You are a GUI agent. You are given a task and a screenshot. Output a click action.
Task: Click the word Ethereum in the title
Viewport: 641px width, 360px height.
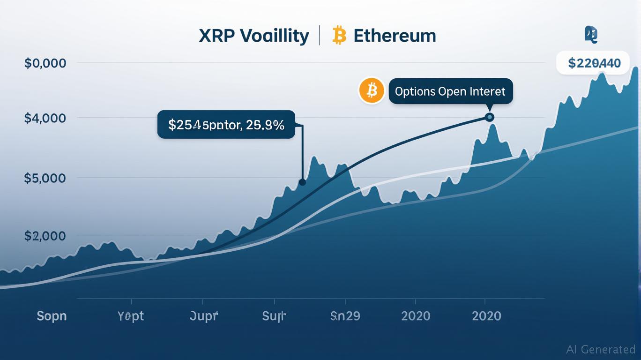click(x=395, y=36)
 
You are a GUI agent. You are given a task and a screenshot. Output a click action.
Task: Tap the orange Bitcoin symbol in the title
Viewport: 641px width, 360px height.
click(x=339, y=36)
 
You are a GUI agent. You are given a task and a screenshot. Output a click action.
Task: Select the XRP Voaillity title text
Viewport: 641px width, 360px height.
click(x=253, y=36)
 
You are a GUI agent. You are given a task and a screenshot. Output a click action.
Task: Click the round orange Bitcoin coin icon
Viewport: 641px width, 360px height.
click(x=372, y=90)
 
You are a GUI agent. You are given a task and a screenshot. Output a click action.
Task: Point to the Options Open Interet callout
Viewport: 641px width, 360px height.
click(x=450, y=91)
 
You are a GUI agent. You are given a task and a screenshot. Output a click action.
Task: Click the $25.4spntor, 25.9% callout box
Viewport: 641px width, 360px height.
click(x=226, y=125)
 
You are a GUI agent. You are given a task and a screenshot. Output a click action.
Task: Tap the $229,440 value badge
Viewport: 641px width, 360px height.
click(x=594, y=63)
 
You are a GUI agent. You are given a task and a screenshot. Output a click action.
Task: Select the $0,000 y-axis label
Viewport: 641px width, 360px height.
click(x=45, y=63)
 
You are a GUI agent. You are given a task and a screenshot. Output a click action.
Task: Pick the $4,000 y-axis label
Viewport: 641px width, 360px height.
click(x=45, y=118)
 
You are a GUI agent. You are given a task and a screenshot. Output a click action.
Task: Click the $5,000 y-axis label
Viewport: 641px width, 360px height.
click(x=45, y=178)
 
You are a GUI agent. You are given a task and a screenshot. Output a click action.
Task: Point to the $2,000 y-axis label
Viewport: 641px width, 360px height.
click(x=45, y=236)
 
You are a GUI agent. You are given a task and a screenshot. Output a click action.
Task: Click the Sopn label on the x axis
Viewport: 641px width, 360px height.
click(x=52, y=316)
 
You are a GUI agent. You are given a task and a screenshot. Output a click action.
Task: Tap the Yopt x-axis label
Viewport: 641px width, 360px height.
click(x=131, y=316)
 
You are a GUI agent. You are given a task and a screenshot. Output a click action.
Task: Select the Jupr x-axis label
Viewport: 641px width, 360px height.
click(x=204, y=316)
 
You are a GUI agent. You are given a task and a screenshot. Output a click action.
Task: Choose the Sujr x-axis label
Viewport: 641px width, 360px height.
click(x=274, y=316)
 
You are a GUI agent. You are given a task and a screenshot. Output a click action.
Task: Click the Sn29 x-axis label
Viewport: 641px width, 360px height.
click(x=345, y=316)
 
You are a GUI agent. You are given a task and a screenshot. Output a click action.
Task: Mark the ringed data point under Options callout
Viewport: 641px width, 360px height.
click(x=489, y=117)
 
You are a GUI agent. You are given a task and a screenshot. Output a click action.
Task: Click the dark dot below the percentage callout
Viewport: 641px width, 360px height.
click(x=302, y=182)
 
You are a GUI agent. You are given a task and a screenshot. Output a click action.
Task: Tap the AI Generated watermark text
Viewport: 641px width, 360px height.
click(x=601, y=349)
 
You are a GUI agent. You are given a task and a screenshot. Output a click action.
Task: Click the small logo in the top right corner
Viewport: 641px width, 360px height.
click(x=591, y=35)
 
